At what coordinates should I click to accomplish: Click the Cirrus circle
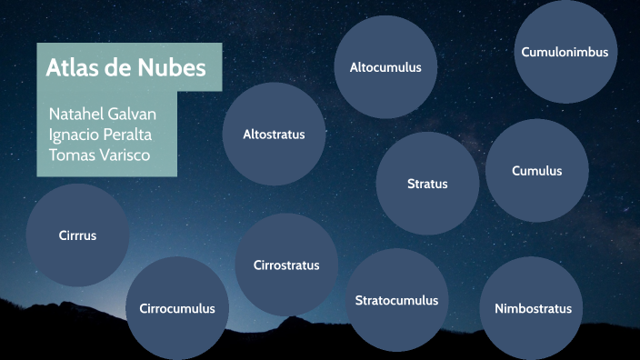tap(77, 235)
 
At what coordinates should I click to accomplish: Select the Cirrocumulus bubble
tap(177, 308)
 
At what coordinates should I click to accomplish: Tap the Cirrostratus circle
tap(286, 265)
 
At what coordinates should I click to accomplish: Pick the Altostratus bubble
tap(274, 135)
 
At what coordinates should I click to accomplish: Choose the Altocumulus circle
tap(385, 67)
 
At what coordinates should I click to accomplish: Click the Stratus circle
tap(427, 184)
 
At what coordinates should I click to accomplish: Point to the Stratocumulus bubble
tap(396, 300)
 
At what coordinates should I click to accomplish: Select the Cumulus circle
tap(536, 171)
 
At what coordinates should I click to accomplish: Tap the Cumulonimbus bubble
tap(565, 52)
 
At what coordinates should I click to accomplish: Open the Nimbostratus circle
tap(533, 308)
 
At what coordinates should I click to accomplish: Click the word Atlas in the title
tap(73, 67)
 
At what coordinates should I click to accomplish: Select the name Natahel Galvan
tap(102, 115)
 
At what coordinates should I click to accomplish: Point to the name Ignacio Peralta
tap(100, 135)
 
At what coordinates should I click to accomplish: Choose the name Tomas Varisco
tap(99, 155)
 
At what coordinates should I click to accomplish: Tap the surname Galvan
tap(132, 115)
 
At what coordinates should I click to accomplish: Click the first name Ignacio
tap(75, 135)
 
